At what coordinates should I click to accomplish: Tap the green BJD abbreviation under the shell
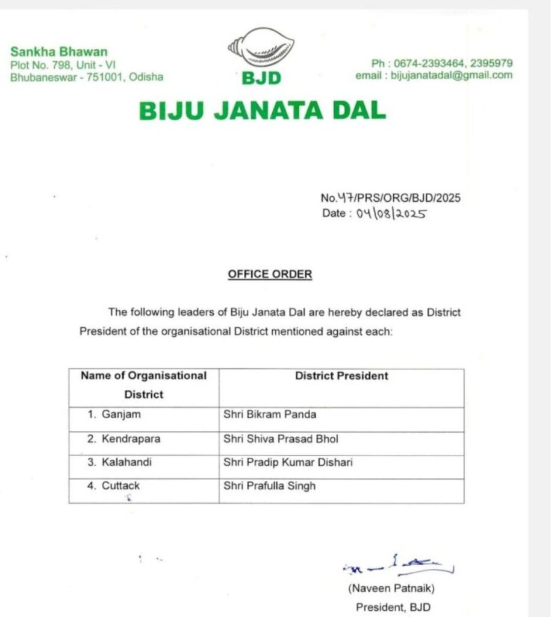pyautogui.click(x=261, y=78)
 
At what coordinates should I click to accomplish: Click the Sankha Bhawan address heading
pyautogui.click(x=58, y=52)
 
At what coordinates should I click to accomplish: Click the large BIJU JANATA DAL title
pyautogui.click(x=262, y=111)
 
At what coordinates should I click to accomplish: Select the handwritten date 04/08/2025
pyautogui.click(x=391, y=214)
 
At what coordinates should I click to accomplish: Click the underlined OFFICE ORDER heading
pyautogui.click(x=270, y=274)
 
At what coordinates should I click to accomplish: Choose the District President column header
pyautogui.click(x=341, y=376)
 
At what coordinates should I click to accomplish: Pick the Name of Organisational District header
pyautogui.click(x=144, y=385)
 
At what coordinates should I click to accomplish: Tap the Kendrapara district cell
pyautogui.click(x=123, y=439)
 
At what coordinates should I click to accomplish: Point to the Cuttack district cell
pyautogui.click(x=114, y=486)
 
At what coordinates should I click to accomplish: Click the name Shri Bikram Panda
pyautogui.click(x=269, y=415)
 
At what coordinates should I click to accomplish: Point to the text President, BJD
pyautogui.click(x=393, y=607)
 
